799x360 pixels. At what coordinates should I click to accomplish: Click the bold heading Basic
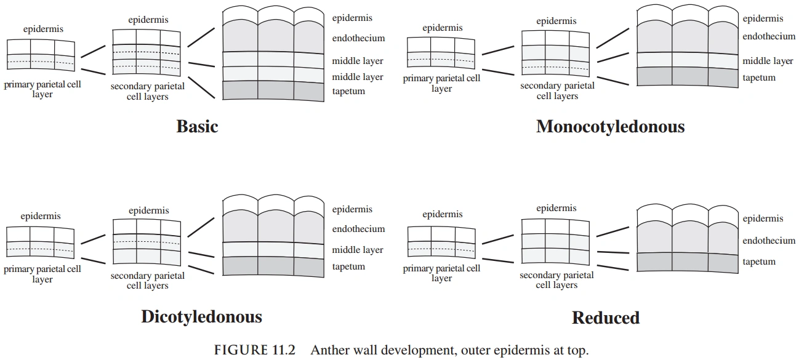[x=197, y=127]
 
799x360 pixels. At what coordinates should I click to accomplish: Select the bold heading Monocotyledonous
[x=610, y=127]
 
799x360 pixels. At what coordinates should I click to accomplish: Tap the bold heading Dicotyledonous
[x=201, y=317]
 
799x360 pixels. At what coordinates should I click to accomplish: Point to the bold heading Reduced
[x=605, y=318]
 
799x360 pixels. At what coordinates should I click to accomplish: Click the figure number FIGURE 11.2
[x=254, y=351]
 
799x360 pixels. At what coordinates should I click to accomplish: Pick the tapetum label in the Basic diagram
[x=348, y=92]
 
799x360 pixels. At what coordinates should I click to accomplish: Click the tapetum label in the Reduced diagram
[x=759, y=262]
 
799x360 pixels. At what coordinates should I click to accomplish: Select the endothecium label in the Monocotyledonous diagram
[x=769, y=36]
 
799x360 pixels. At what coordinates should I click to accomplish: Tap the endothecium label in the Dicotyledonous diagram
[x=358, y=229]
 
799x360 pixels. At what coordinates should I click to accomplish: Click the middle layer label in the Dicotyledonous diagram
[x=358, y=250]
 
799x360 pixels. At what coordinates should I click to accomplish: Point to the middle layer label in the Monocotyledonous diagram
[x=768, y=62]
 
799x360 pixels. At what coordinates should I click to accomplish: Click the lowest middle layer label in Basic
[x=358, y=78]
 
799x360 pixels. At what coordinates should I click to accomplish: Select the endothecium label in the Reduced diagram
[x=769, y=241]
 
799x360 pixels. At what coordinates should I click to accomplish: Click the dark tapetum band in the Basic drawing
[x=272, y=90]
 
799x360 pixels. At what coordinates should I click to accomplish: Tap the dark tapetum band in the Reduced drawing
[x=687, y=262]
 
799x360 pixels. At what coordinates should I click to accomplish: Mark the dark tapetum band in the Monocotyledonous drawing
[x=687, y=76]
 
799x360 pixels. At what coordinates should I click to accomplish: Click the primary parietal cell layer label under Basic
[x=42, y=90]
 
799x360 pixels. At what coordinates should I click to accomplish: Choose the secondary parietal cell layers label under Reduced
[x=556, y=281]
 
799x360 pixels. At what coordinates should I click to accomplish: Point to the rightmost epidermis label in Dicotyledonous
[x=352, y=210]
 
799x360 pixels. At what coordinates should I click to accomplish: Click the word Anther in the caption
[x=326, y=351]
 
